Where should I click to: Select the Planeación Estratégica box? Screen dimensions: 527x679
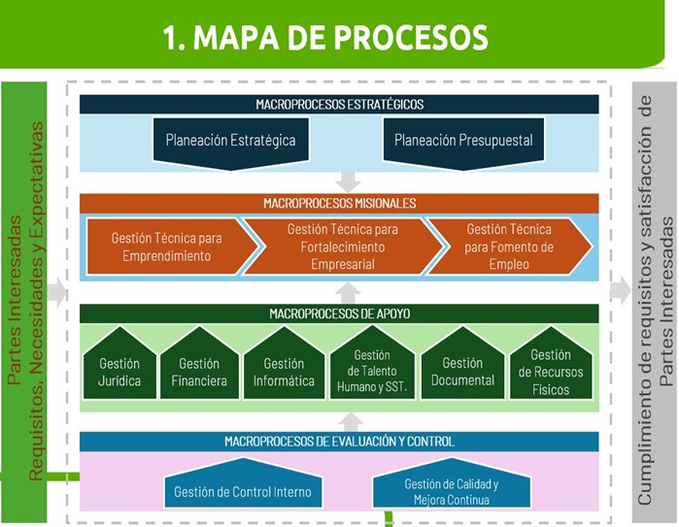230,142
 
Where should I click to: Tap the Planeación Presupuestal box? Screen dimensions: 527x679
463,142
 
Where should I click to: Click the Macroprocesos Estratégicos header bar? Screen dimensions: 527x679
339,105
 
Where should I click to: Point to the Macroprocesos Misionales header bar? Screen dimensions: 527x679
339,204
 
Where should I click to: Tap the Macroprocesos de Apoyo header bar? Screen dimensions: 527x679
339,313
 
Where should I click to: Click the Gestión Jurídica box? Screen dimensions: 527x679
119,367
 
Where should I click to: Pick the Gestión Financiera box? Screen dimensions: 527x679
199,367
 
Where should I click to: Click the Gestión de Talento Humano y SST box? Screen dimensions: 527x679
371,367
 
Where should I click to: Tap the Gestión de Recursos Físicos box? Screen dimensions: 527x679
550,365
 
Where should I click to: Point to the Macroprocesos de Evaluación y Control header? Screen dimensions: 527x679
339,442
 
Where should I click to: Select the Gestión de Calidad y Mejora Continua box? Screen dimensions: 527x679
451,490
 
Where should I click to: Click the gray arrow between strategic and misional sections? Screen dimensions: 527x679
348,182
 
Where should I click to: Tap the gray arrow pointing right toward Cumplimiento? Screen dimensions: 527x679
620,290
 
